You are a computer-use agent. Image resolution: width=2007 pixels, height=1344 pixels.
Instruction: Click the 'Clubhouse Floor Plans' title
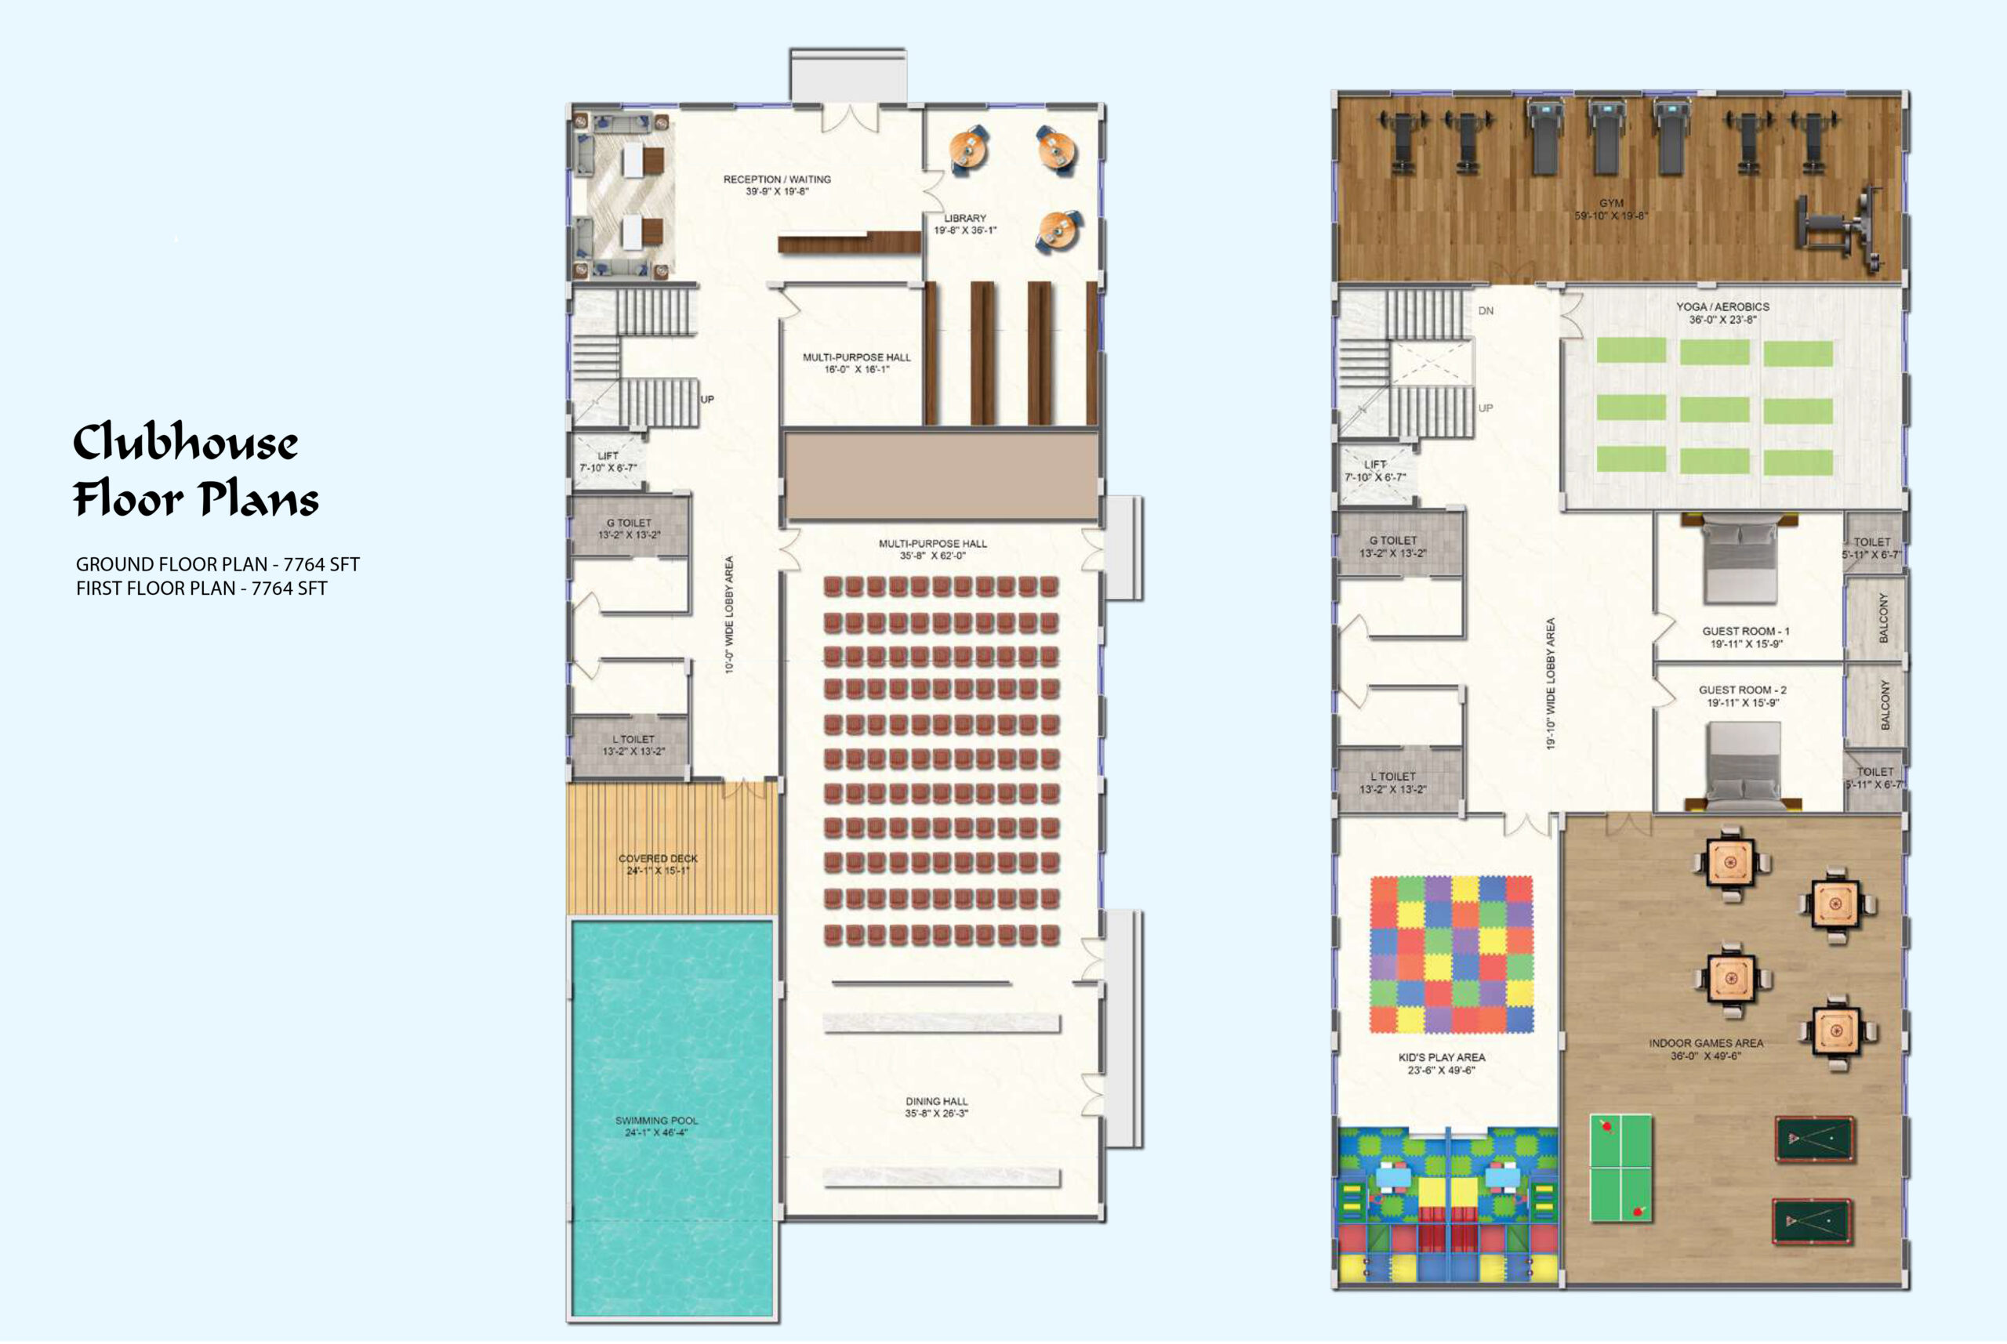click(x=195, y=469)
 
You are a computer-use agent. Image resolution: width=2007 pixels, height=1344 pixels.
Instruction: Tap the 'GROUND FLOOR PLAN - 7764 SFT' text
click(x=218, y=565)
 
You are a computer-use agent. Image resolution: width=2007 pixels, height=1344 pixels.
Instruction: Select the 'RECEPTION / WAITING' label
click(x=777, y=179)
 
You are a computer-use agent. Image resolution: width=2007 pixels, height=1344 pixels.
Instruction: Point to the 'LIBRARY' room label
click(x=964, y=219)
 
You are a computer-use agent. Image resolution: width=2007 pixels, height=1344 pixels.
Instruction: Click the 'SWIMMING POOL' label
click(x=657, y=1121)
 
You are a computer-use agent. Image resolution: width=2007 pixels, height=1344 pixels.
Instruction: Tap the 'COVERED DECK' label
click(x=658, y=858)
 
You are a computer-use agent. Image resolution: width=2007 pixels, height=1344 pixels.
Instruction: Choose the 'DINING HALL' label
click(x=936, y=1101)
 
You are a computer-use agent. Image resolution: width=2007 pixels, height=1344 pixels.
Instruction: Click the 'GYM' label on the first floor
click(x=1611, y=203)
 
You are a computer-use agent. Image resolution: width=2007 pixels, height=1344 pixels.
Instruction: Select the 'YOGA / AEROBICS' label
click(x=1722, y=307)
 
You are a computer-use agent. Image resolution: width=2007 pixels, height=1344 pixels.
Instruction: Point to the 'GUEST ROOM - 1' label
click(x=1745, y=631)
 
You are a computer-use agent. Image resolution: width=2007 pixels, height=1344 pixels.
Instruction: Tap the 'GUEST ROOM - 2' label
click(x=1743, y=690)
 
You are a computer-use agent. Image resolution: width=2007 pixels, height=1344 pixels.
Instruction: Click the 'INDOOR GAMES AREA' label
click(x=1706, y=1043)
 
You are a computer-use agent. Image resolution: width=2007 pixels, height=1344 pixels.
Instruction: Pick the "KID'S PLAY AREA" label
click(x=1442, y=1058)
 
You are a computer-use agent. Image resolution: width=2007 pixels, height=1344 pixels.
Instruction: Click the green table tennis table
click(x=1620, y=1168)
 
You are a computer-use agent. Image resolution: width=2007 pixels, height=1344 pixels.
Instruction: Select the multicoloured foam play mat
click(x=1451, y=954)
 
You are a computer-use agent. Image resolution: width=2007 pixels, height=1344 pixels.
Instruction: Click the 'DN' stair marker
click(x=1486, y=311)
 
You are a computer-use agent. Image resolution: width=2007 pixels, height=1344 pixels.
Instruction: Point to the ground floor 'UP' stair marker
click(x=707, y=400)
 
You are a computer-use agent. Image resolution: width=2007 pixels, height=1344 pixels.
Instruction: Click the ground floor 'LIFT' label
click(x=608, y=456)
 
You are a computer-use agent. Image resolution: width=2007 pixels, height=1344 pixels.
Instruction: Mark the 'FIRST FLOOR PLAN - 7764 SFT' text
click(x=201, y=589)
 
